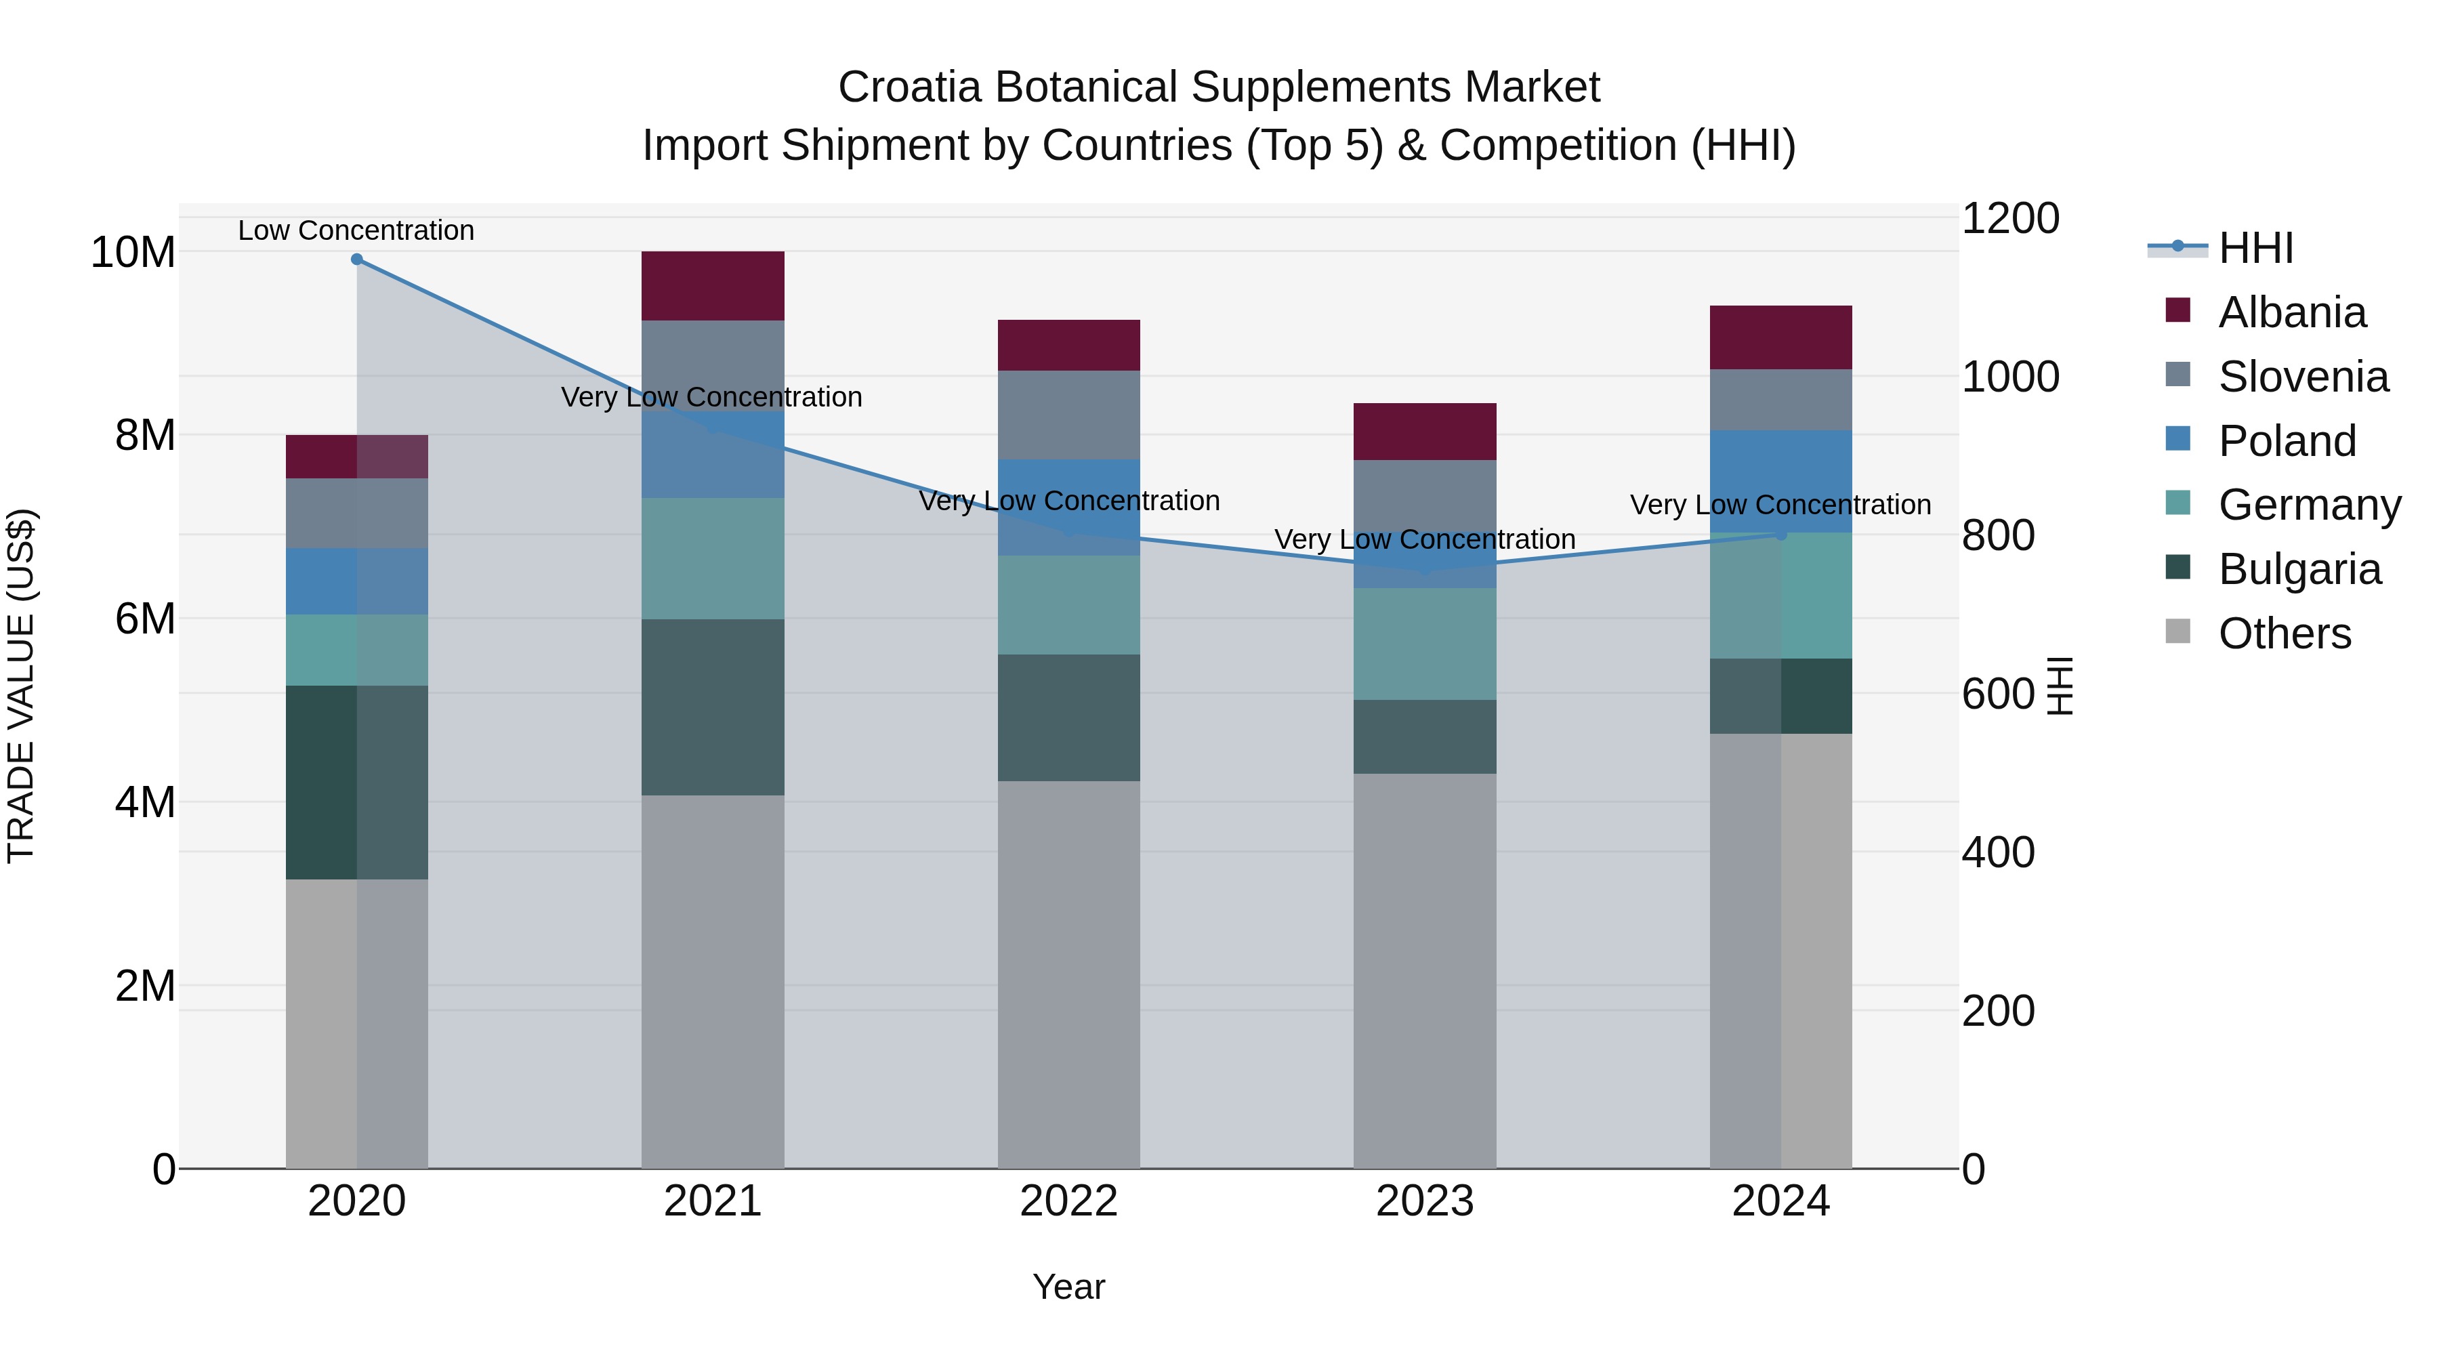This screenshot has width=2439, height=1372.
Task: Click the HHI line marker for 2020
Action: [357, 259]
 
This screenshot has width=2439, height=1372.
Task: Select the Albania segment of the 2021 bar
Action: [713, 286]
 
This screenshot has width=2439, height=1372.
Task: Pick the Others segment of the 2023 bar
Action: [1424, 970]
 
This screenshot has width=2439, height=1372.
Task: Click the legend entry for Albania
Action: [2291, 312]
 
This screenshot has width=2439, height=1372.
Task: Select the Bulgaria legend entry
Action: [2299, 569]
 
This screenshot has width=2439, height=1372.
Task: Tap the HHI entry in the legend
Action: [2255, 248]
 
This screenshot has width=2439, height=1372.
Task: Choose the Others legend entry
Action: [2284, 633]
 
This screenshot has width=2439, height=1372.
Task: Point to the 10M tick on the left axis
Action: [133, 253]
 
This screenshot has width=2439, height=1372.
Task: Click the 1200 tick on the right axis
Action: [2009, 219]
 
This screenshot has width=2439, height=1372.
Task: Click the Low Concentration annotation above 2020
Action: [356, 230]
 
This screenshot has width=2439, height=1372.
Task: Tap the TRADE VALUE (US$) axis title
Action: [21, 686]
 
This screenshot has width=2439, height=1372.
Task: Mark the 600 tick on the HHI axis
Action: [1998, 694]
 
